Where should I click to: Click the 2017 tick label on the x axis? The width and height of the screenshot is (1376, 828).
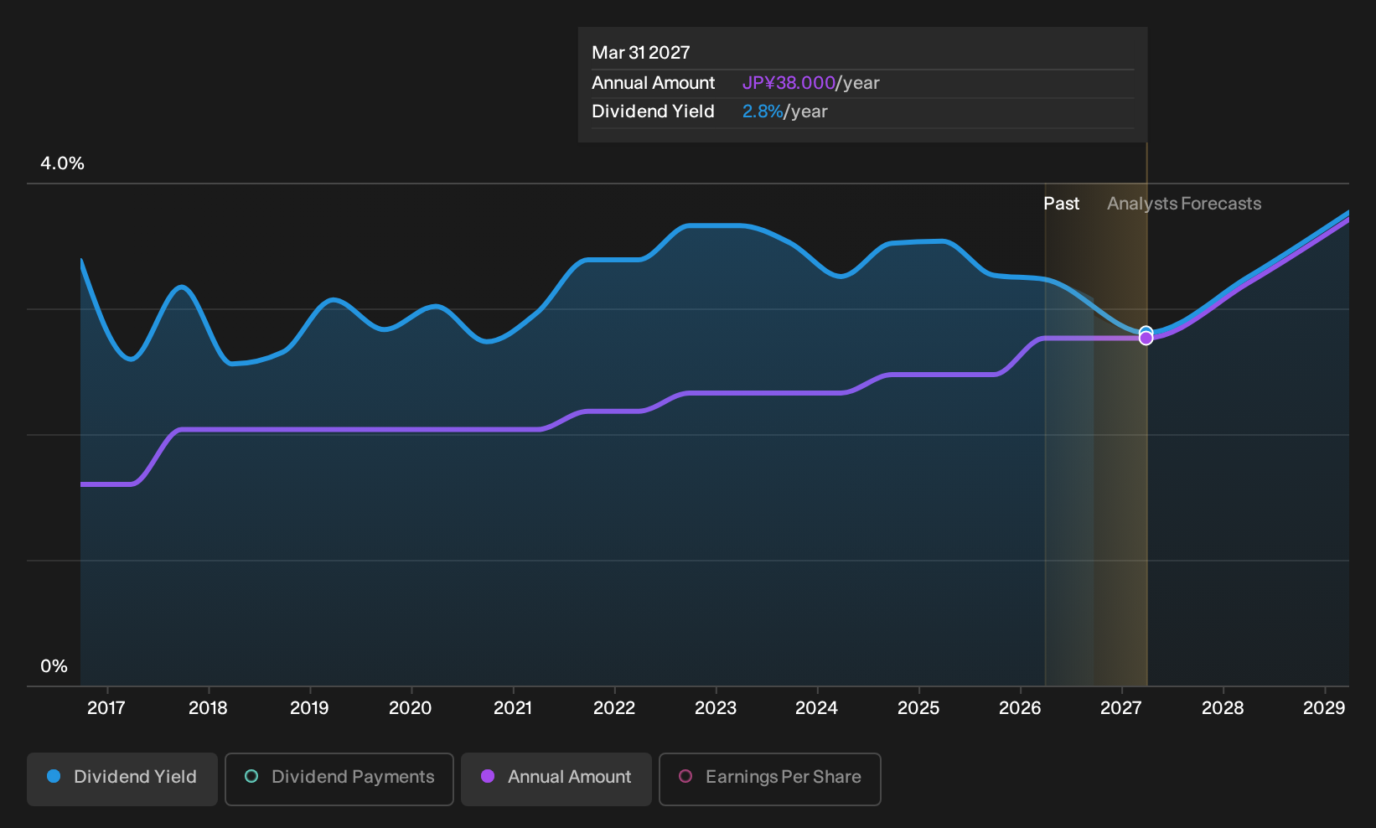tap(106, 708)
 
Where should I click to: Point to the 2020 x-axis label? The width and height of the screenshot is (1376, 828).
tap(411, 708)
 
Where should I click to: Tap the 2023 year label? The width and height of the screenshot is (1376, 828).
tap(716, 708)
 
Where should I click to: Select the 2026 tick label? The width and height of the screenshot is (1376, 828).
tap(1020, 708)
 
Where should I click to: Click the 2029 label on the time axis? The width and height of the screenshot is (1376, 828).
tap(1324, 708)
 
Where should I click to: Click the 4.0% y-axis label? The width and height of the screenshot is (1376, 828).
tap(62, 163)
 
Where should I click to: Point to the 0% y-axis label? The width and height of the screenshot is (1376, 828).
tap(54, 666)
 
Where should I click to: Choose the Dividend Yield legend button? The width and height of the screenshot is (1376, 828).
tap(122, 779)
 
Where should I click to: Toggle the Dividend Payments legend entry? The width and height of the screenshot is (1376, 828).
tap(339, 779)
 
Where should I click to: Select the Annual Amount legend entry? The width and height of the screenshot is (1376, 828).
tap(556, 779)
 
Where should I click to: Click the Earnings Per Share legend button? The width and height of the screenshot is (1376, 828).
tap(769, 779)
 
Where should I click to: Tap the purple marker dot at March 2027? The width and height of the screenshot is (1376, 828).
tap(1146, 339)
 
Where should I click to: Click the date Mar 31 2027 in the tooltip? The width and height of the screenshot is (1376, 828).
tap(641, 53)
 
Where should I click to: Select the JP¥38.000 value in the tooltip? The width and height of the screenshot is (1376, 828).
tap(789, 83)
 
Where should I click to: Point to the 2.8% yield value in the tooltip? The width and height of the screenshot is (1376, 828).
tap(763, 111)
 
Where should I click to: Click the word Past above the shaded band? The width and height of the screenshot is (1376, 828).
tap(1062, 204)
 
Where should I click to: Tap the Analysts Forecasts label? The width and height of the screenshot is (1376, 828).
tap(1184, 204)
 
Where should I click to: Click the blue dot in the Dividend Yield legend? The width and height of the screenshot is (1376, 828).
tap(54, 776)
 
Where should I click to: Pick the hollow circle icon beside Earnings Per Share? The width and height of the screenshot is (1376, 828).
tap(685, 776)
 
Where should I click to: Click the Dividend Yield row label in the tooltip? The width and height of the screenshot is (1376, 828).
tap(653, 111)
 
